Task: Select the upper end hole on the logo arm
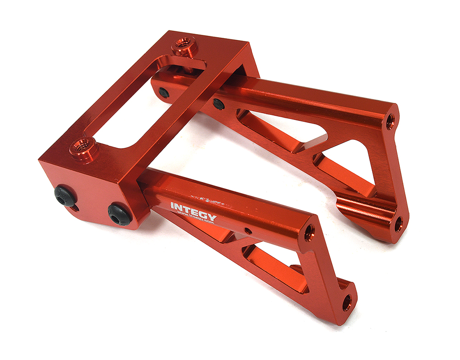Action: click(x=309, y=231)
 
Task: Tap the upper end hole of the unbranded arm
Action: click(x=390, y=121)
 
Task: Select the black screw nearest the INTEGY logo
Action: click(x=120, y=214)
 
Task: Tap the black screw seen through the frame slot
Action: click(x=164, y=93)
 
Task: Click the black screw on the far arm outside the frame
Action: click(x=219, y=104)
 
